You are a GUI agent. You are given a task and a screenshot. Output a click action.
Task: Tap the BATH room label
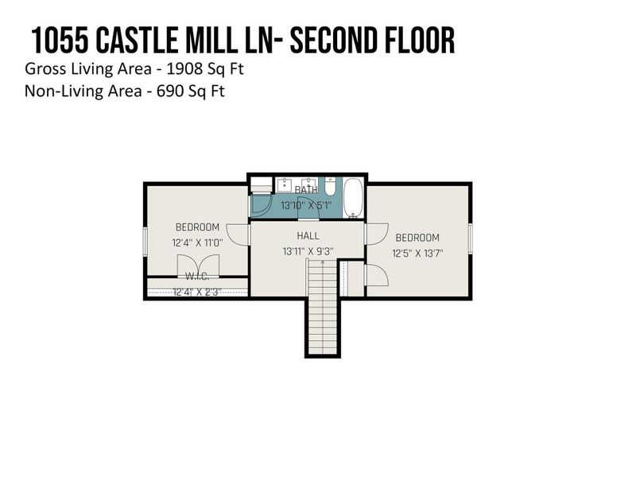tap(306, 190)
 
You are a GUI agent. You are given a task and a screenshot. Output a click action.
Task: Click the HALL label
tap(308, 236)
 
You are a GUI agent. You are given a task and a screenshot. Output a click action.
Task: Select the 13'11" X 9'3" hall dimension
tap(308, 251)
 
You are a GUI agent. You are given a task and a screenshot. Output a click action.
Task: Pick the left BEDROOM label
tap(196, 227)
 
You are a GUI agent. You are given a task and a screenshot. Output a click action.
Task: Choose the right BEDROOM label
tap(417, 238)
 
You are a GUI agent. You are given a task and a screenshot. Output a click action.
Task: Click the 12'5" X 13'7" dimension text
tap(417, 254)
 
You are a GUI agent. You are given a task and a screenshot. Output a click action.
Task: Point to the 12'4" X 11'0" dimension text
tap(196, 242)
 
